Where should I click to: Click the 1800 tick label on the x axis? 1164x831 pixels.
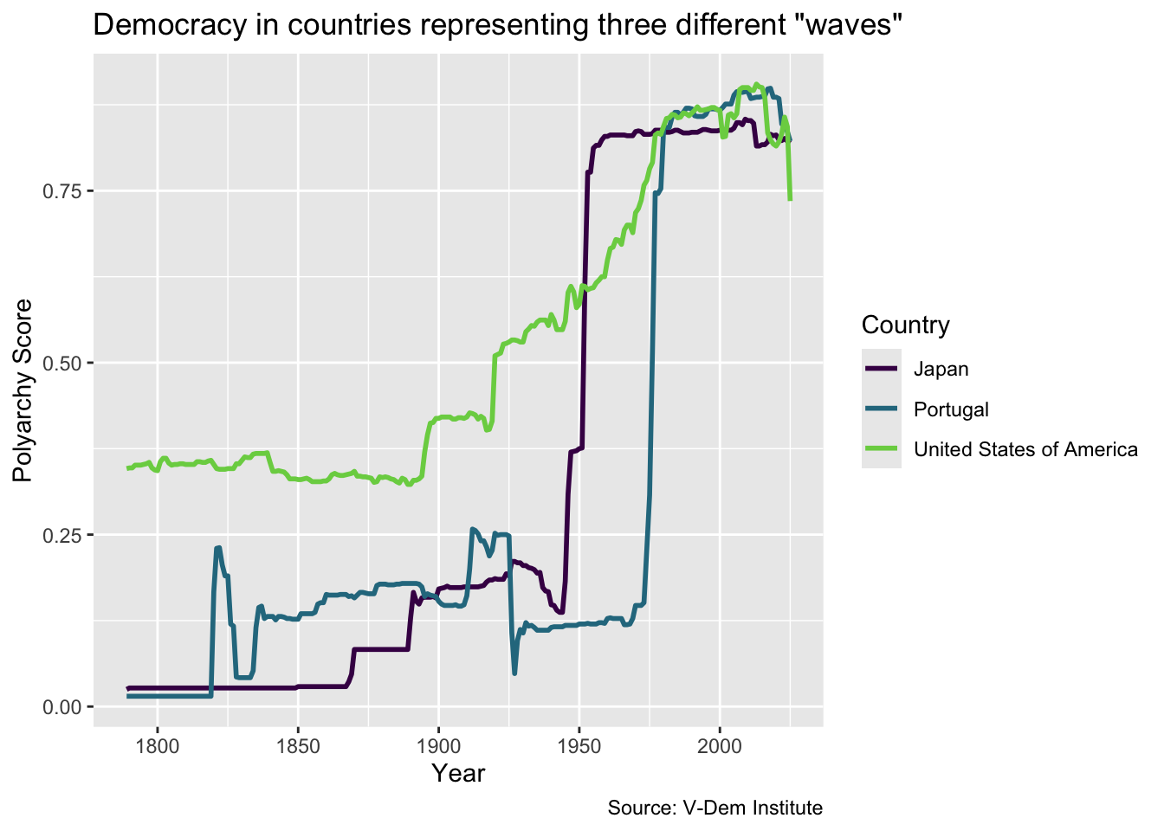(157, 747)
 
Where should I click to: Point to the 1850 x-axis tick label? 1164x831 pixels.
(298, 747)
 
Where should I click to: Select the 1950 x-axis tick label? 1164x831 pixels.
(579, 747)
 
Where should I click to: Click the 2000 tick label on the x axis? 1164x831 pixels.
(720, 747)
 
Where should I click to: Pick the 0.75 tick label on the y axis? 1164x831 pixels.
(61, 191)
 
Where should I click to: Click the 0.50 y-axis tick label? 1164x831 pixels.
(61, 364)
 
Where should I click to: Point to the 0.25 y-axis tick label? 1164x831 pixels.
(61, 536)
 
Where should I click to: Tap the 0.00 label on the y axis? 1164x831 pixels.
(61, 707)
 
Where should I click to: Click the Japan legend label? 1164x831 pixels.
(941, 369)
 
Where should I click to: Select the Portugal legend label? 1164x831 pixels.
(951, 409)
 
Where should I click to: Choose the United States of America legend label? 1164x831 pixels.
(1025, 449)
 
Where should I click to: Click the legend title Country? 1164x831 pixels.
(906, 325)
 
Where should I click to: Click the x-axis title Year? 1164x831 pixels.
(458, 773)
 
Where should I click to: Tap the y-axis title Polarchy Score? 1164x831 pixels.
(23, 390)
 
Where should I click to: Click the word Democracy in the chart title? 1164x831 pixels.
(171, 25)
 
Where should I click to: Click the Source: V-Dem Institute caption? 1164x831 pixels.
(715, 808)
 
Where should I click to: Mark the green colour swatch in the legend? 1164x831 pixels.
(882, 448)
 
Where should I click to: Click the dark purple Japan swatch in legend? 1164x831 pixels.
(882, 368)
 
